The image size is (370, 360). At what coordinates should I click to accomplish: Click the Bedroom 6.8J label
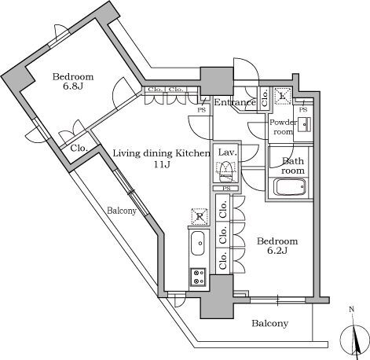pos(73,83)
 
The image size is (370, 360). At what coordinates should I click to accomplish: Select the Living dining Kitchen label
pos(161,159)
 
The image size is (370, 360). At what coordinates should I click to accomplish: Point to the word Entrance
pos(235,103)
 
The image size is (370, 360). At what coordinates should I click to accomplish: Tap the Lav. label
pos(228,152)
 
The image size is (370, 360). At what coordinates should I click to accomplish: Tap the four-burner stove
pos(198,276)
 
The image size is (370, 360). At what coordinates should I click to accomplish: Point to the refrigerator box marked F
pos(200,215)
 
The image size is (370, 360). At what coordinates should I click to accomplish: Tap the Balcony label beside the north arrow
pos(269,323)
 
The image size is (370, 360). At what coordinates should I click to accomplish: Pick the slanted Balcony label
pos(122,211)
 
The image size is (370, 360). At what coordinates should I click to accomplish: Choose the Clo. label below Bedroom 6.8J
pos(79,148)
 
